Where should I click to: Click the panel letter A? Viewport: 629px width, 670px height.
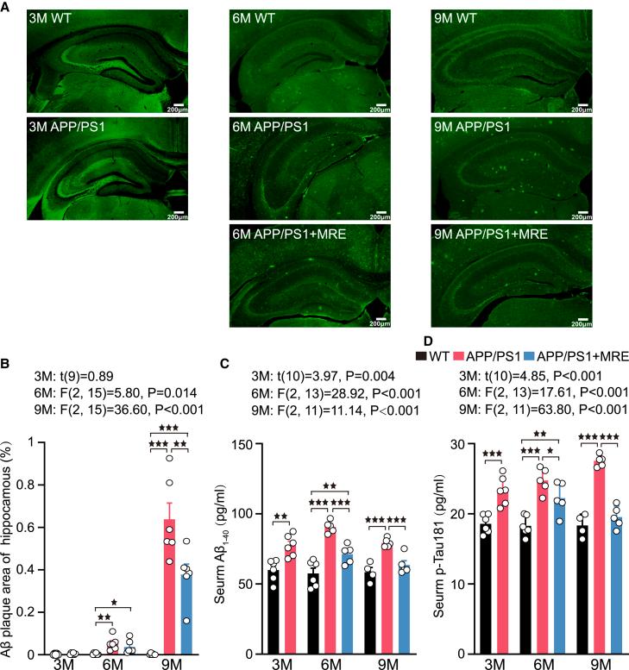[x=7, y=6]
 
